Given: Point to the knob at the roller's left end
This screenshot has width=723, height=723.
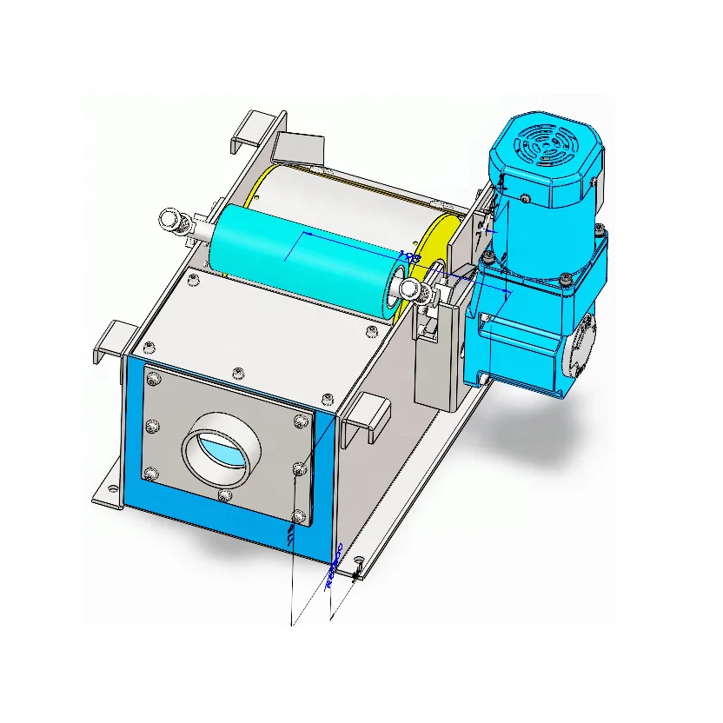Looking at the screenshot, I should (174, 222).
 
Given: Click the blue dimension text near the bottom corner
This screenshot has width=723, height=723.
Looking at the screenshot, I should (334, 568).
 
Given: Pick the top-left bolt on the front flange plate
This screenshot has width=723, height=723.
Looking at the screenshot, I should (154, 379).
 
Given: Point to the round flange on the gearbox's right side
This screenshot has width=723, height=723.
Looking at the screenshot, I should (580, 344).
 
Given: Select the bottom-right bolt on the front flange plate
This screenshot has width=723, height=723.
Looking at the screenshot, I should (298, 516).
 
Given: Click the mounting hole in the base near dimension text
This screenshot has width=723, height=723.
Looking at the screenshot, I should (358, 569).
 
